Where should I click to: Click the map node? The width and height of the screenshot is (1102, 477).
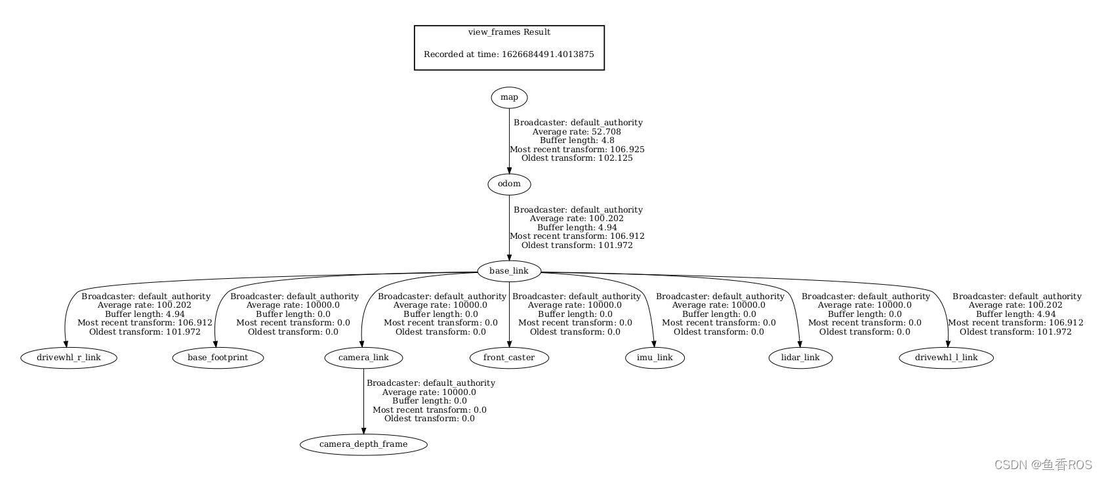pos(509,98)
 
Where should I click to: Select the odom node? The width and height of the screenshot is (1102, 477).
pos(509,184)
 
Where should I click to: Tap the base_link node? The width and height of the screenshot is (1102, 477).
pos(508,271)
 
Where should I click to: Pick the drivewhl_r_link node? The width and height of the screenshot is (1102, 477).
pos(69,358)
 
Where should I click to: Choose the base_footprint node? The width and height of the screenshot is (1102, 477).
pos(218,358)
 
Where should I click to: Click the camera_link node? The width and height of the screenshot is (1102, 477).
pos(363,358)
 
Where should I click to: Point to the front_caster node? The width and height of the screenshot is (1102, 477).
pos(509,358)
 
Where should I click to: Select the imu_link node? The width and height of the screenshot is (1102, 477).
pos(655,358)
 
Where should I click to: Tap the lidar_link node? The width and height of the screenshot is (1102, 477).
pos(800,358)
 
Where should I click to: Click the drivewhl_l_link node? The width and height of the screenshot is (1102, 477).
pos(946,358)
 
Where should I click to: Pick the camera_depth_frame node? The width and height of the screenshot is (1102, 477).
pos(363,444)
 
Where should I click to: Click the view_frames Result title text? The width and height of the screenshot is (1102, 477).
pos(509,32)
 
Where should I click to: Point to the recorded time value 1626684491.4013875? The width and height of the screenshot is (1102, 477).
pos(548,54)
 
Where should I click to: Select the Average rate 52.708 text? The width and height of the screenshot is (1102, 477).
pos(577,132)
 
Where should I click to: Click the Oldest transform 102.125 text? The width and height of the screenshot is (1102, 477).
pos(577,158)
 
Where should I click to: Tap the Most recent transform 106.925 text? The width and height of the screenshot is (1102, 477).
pos(577,150)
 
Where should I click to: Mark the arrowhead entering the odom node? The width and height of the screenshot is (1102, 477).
pos(509,171)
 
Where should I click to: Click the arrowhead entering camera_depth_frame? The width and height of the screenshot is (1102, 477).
pos(363,430)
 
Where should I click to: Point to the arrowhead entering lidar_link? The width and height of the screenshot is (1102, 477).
pos(800,344)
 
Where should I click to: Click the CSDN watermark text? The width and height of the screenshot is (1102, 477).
pos(1043,465)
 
